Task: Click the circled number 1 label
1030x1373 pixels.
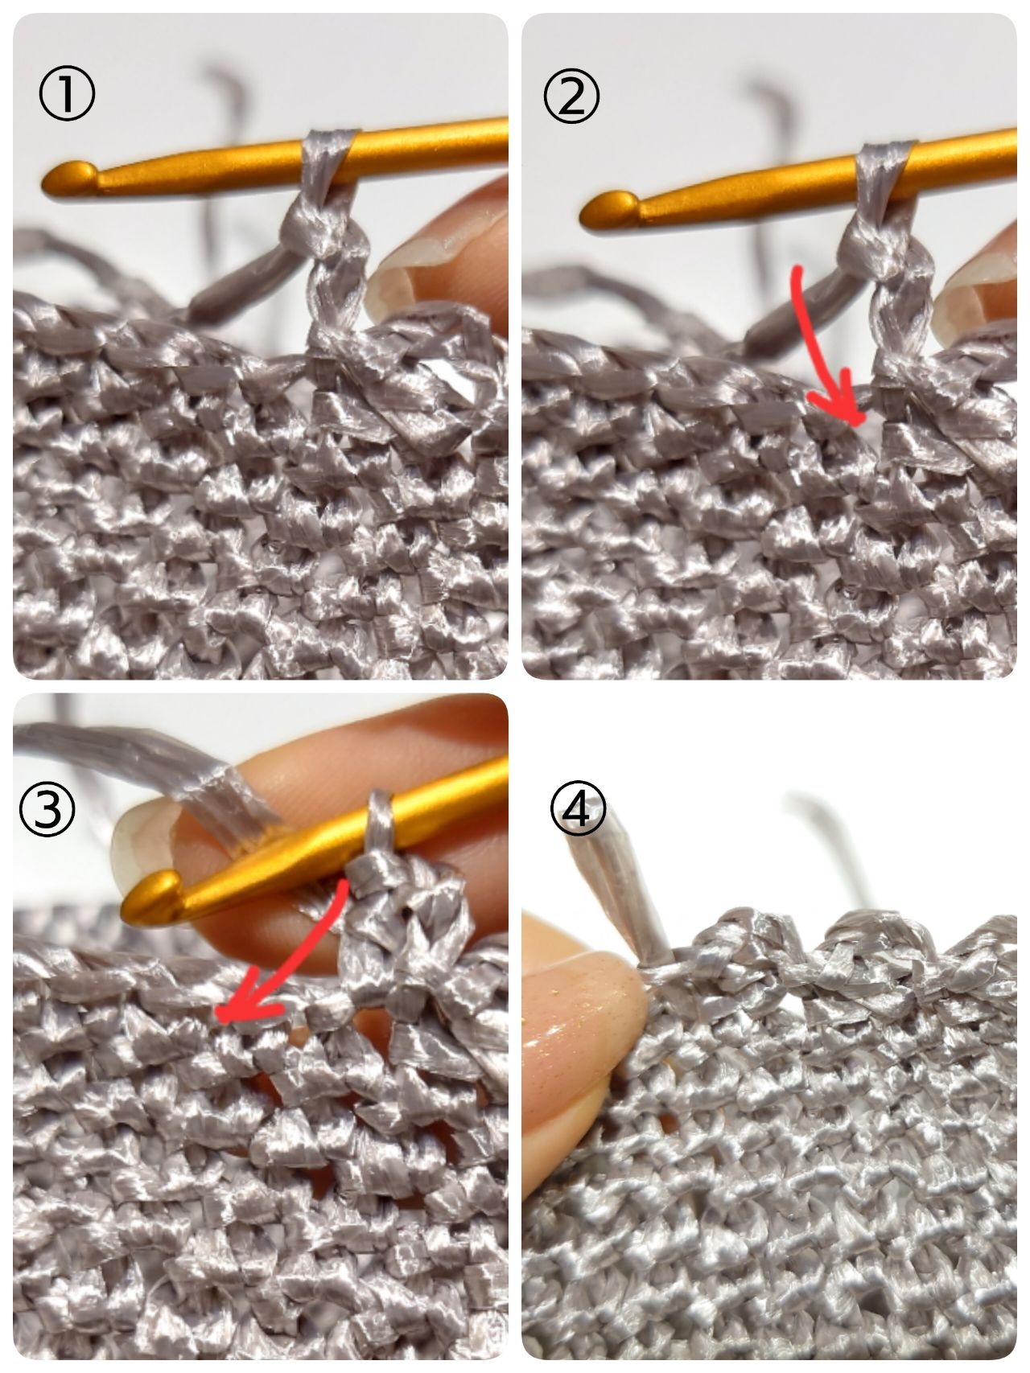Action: [66, 95]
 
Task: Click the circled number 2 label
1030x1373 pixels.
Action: [571, 95]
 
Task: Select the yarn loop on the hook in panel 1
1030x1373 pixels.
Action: [328, 161]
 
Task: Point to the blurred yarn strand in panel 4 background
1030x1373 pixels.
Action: [837, 853]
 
